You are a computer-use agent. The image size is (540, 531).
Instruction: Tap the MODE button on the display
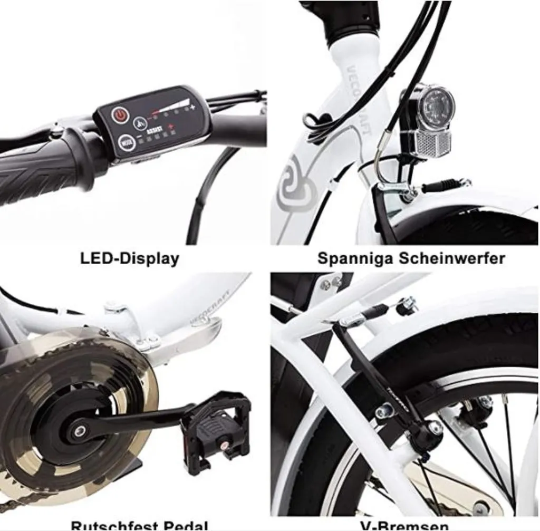(x=126, y=142)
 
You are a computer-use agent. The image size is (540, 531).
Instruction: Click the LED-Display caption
(x=129, y=258)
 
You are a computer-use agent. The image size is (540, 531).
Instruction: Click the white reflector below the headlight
(x=428, y=143)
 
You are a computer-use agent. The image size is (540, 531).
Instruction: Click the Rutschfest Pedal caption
(x=139, y=525)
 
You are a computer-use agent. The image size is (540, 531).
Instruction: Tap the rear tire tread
(x=475, y=337)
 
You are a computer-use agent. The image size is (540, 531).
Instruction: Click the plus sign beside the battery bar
(x=193, y=108)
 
